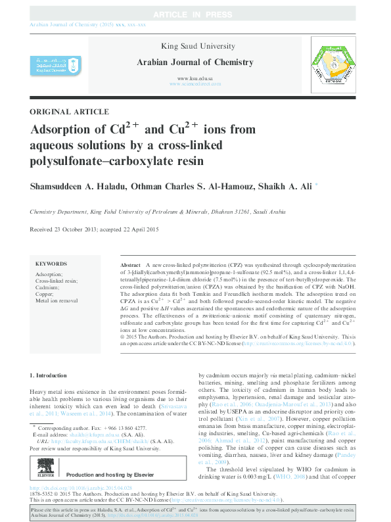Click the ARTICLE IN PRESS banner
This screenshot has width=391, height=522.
(x=195, y=14)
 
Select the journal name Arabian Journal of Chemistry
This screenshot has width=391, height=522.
(x=196, y=61)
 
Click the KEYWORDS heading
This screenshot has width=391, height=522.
(x=51, y=262)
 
